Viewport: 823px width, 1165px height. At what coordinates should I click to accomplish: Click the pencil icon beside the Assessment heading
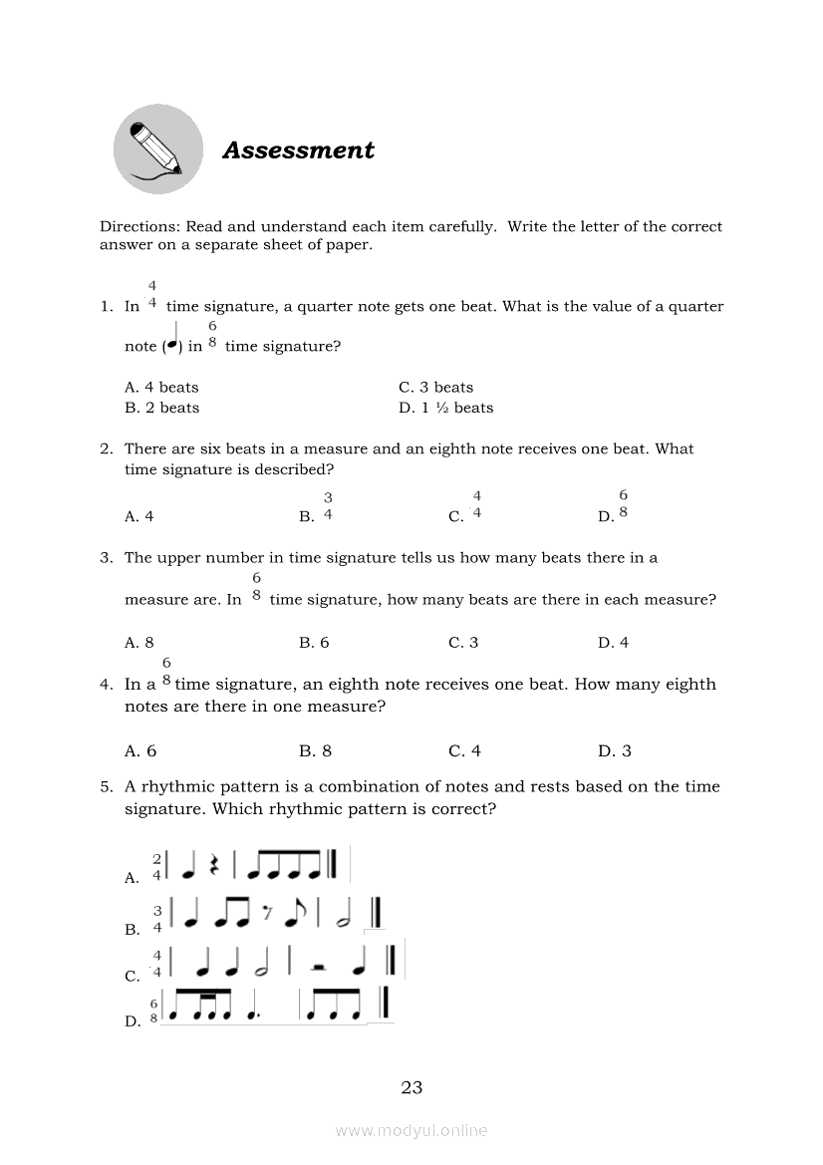[x=157, y=149]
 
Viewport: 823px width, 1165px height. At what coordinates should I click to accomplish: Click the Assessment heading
[x=298, y=150]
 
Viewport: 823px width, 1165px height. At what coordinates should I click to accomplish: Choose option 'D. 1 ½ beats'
[x=445, y=408]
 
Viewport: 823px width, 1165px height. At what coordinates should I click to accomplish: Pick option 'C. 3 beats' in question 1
[x=435, y=387]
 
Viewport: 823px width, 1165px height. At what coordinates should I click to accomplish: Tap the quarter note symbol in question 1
[x=172, y=340]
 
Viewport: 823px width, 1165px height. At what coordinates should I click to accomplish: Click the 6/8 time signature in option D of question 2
[x=623, y=505]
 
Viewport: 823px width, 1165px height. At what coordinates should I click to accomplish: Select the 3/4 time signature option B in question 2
[x=328, y=506]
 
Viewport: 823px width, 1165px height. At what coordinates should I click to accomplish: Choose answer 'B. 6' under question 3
[x=314, y=643]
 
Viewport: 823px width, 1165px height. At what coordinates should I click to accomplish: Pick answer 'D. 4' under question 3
[x=613, y=643]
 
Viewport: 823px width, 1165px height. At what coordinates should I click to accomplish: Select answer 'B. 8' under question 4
[x=315, y=751]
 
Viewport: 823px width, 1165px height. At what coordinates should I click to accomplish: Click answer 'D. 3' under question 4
[x=614, y=751]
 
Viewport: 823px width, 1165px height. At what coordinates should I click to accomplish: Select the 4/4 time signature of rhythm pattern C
[x=156, y=963]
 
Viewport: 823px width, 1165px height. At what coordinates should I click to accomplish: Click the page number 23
[x=411, y=1087]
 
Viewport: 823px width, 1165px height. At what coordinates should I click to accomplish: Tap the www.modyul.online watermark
[x=411, y=1130]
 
